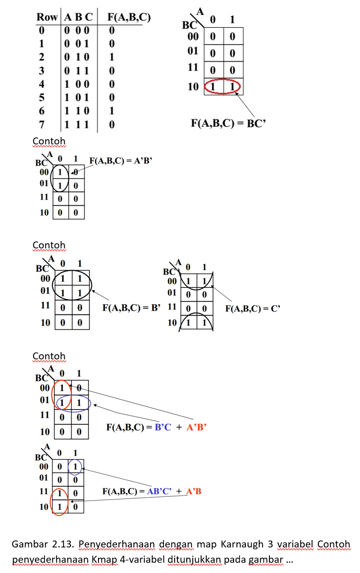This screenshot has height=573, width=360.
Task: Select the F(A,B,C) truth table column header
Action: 129,18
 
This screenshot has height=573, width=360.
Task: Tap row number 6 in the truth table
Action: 41,111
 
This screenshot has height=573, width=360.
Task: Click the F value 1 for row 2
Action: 111,58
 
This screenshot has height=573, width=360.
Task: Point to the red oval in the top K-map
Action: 223,86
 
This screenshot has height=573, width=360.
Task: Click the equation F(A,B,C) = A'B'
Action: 121,161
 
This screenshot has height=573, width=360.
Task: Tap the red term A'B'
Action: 196,427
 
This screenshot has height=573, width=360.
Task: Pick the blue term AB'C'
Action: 159,491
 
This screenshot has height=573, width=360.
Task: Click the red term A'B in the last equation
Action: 194,491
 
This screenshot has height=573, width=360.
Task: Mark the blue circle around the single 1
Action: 75,466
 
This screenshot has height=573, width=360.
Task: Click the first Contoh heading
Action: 49,141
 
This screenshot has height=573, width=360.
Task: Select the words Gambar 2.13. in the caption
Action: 42,544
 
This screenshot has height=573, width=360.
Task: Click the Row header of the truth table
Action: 47,18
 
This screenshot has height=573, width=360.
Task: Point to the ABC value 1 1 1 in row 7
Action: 79,124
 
